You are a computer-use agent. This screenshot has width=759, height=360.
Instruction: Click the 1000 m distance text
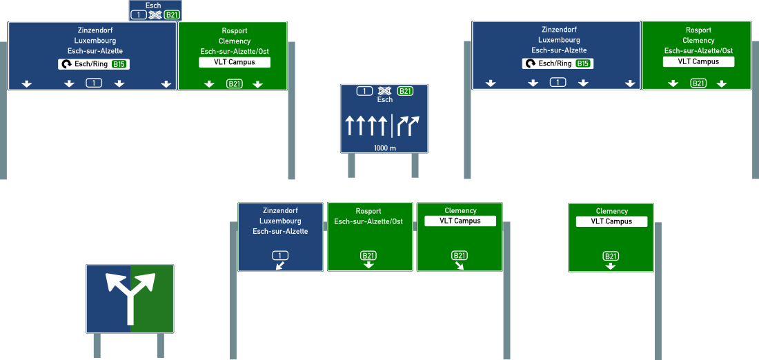pos(385,148)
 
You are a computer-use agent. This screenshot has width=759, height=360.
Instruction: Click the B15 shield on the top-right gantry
pos(583,63)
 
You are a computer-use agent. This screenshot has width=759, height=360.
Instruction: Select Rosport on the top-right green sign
pos(698,30)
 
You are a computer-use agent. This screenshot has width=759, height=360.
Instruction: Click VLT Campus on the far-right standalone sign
pos(611,221)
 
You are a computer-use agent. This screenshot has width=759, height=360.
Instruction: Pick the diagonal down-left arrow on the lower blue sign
pos(279,266)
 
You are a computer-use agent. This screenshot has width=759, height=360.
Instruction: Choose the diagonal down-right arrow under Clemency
pos(460,266)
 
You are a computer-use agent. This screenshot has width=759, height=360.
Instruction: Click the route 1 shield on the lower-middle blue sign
pos(279,255)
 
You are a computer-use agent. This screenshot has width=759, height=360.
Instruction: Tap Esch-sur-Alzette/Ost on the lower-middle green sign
pos(368,221)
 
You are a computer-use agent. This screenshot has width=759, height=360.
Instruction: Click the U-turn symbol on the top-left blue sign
pos(66,64)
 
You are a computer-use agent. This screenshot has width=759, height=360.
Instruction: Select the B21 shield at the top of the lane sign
pos(406,91)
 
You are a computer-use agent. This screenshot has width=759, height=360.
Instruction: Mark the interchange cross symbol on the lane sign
pos(385,91)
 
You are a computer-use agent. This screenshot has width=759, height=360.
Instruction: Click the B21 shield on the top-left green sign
pos(235,84)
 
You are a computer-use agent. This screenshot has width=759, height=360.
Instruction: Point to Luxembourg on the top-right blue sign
pos(559,40)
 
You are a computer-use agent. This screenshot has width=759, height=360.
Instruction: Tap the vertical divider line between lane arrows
pos(392,126)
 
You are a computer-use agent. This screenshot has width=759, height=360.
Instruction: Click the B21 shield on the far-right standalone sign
pos(611,256)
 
